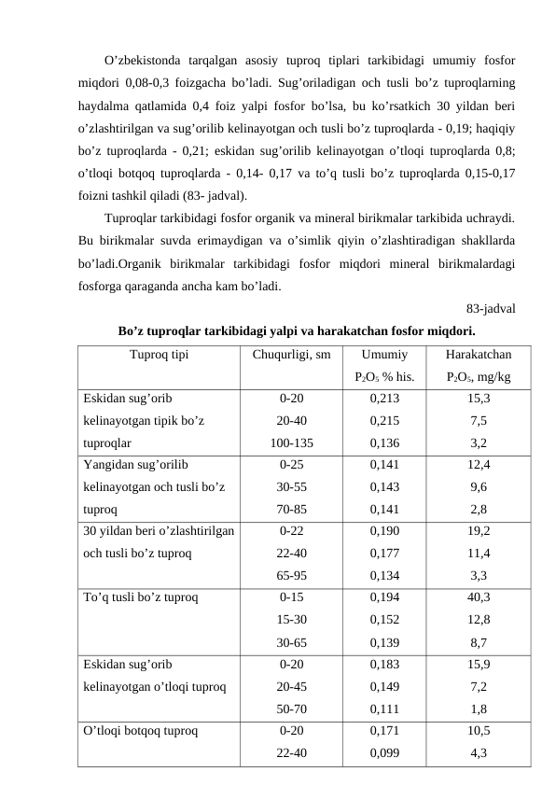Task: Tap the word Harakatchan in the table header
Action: click(x=478, y=355)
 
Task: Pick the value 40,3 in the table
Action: click(x=478, y=595)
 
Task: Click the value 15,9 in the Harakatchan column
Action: click(x=478, y=664)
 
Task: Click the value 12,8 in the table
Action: click(x=478, y=619)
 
